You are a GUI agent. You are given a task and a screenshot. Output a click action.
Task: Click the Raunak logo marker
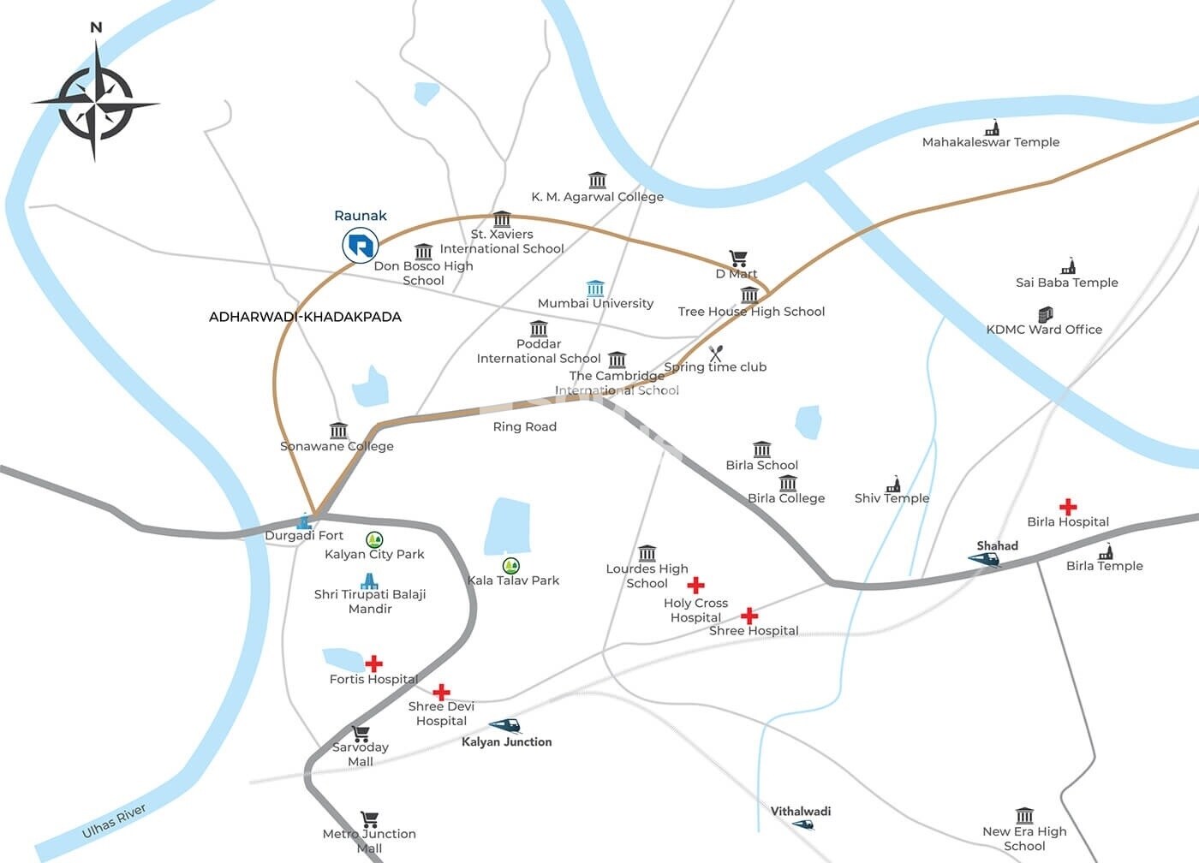[x=360, y=246]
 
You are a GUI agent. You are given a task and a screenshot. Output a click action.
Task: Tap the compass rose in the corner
[x=95, y=104]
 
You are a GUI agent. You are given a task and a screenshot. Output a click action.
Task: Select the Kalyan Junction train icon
[x=505, y=726]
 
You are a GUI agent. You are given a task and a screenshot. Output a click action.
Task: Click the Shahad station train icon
[x=985, y=559]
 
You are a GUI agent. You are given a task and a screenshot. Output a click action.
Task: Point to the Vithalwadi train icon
[x=802, y=824]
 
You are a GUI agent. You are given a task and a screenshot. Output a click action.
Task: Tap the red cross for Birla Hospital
[x=1067, y=506]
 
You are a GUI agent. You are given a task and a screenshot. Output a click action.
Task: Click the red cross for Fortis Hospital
[x=374, y=664]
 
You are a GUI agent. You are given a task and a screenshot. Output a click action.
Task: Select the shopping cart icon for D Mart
[x=737, y=258]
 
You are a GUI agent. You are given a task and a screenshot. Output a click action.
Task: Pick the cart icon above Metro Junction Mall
[x=369, y=819]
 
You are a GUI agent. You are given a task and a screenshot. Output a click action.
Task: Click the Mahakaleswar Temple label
[x=990, y=142]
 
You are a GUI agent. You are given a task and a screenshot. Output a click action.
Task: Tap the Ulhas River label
[x=114, y=821]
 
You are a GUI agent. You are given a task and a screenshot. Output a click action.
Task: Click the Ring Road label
[x=524, y=426]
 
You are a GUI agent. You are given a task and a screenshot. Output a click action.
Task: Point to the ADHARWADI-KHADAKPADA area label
[x=305, y=317]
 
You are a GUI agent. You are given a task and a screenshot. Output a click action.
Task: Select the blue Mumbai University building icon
[x=595, y=288]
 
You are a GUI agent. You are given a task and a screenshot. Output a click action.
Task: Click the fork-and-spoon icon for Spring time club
[x=716, y=353]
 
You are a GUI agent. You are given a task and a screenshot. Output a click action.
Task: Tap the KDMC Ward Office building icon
[x=1045, y=314]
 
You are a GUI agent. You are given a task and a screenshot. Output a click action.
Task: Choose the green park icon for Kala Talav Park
[x=511, y=565]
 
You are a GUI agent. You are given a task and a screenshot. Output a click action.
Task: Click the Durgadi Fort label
[x=303, y=536]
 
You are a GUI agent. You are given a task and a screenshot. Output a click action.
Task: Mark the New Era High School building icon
[x=1024, y=815]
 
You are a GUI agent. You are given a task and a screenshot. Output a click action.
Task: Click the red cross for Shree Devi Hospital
[x=441, y=692]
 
